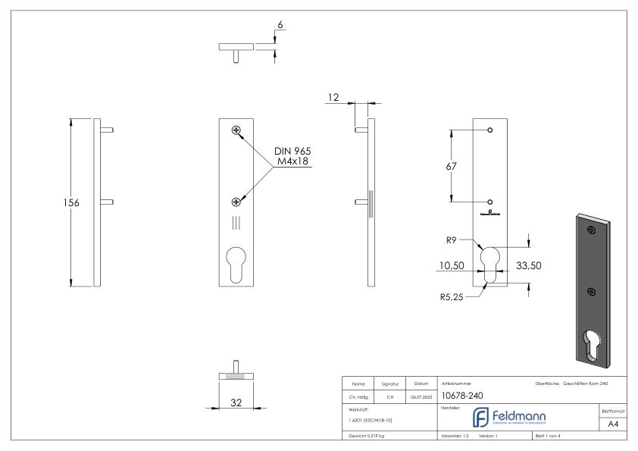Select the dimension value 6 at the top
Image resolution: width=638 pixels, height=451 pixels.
point(280,25)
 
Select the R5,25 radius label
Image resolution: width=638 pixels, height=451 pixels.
point(451,297)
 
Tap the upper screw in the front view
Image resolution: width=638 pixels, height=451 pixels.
point(237,131)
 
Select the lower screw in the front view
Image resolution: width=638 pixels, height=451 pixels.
point(236,201)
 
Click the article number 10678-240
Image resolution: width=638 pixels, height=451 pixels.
point(464,394)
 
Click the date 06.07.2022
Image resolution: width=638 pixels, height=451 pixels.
point(420,395)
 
